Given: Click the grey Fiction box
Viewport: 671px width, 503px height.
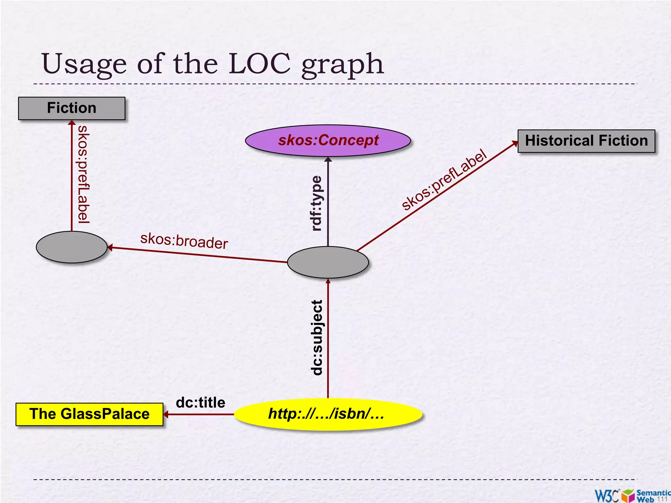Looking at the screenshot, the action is coord(71,108).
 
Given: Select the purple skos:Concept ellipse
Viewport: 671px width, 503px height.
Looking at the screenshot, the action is coord(328,140).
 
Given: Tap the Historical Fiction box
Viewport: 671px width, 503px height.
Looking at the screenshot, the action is coord(586,141).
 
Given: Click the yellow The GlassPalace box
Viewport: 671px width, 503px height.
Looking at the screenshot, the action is coord(89,414).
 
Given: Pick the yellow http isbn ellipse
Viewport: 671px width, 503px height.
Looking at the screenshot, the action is coord(328,414).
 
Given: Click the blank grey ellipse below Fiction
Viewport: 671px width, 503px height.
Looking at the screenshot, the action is coord(71,247).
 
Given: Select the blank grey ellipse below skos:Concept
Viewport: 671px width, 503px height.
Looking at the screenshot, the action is coord(328,262).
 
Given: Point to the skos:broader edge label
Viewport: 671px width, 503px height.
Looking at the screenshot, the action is coord(184,241).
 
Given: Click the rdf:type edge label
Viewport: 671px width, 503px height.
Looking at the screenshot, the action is coord(316,203).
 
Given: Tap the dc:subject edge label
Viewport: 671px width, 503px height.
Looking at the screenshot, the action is coord(316,337).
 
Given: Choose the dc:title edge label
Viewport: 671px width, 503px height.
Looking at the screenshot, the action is coord(201,402).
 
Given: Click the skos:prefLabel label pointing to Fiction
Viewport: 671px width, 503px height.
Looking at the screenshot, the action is coord(83,175).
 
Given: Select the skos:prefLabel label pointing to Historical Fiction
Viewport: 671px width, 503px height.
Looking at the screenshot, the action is coord(444,179).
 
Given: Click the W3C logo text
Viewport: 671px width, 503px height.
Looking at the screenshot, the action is coord(606,495).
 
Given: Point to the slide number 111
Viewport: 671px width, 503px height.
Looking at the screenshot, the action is coord(662,499).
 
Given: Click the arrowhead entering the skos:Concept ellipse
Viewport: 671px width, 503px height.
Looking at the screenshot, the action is coord(328,159).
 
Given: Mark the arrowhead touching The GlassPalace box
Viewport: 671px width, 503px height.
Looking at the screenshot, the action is coord(166,414).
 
